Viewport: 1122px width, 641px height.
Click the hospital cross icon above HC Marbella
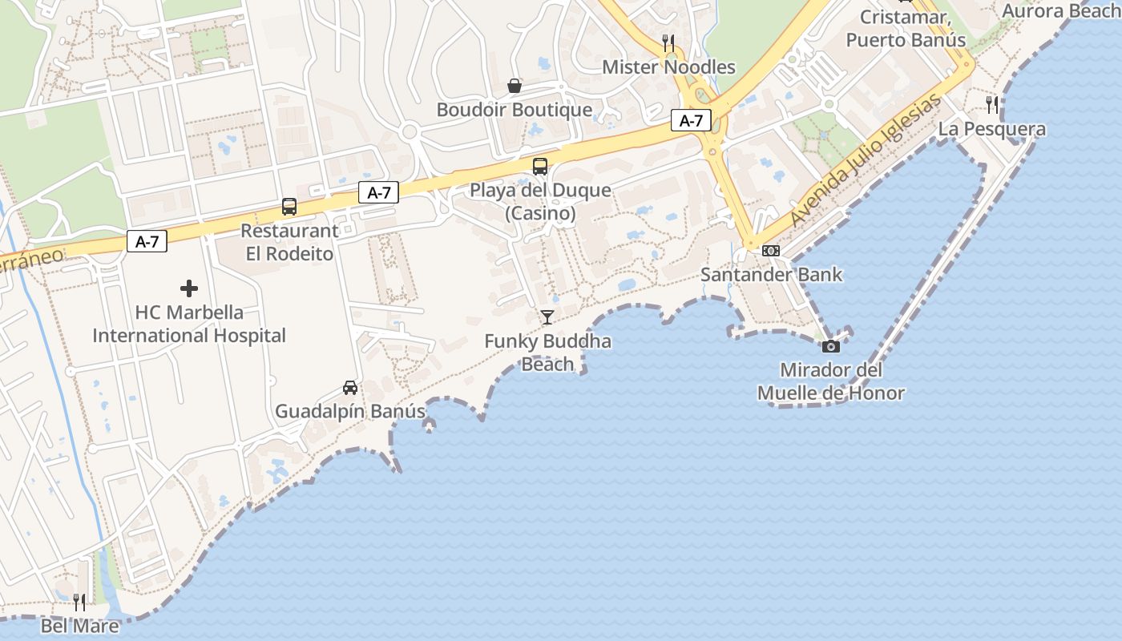(x=189, y=288)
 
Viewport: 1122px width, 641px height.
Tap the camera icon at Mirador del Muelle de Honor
(x=831, y=346)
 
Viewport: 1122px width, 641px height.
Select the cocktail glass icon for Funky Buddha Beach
(x=547, y=317)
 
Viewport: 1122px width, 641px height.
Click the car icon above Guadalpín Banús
(x=350, y=388)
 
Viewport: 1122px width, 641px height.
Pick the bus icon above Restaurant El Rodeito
(x=289, y=207)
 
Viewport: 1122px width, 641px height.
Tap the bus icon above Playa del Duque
(x=540, y=167)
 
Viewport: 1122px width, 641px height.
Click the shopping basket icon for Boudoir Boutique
(x=515, y=86)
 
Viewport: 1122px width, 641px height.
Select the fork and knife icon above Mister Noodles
(x=668, y=42)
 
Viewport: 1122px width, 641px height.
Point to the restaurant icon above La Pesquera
(x=992, y=104)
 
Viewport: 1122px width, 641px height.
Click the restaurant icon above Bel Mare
(x=79, y=603)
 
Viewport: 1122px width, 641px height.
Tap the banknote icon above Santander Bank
(x=771, y=251)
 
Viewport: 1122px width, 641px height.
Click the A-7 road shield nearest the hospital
(x=147, y=241)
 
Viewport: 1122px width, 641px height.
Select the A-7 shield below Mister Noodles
(x=691, y=121)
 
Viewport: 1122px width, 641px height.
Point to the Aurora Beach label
(x=1061, y=11)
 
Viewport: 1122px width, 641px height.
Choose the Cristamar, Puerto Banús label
(x=906, y=29)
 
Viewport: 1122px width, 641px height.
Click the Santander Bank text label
(x=772, y=275)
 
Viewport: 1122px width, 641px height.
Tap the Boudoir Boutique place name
(x=515, y=110)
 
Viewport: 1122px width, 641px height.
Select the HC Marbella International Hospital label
(x=189, y=324)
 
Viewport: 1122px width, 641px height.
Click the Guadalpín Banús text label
(x=350, y=412)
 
